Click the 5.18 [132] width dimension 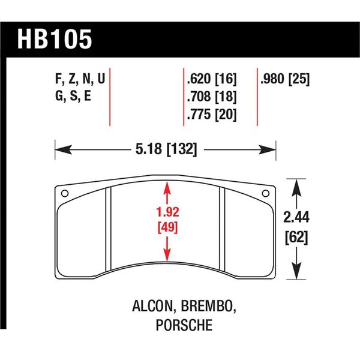pyautogui.click(x=165, y=148)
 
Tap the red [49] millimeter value pyautogui.click(x=166, y=227)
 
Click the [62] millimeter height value pyautogui.click(x=298, y=238)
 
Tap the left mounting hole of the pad pyautogui.click(x=65, y=193)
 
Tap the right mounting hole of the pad pyautogui.click(x=266, y=193)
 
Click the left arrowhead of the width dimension pyautogui.click(x=59, y=148)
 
